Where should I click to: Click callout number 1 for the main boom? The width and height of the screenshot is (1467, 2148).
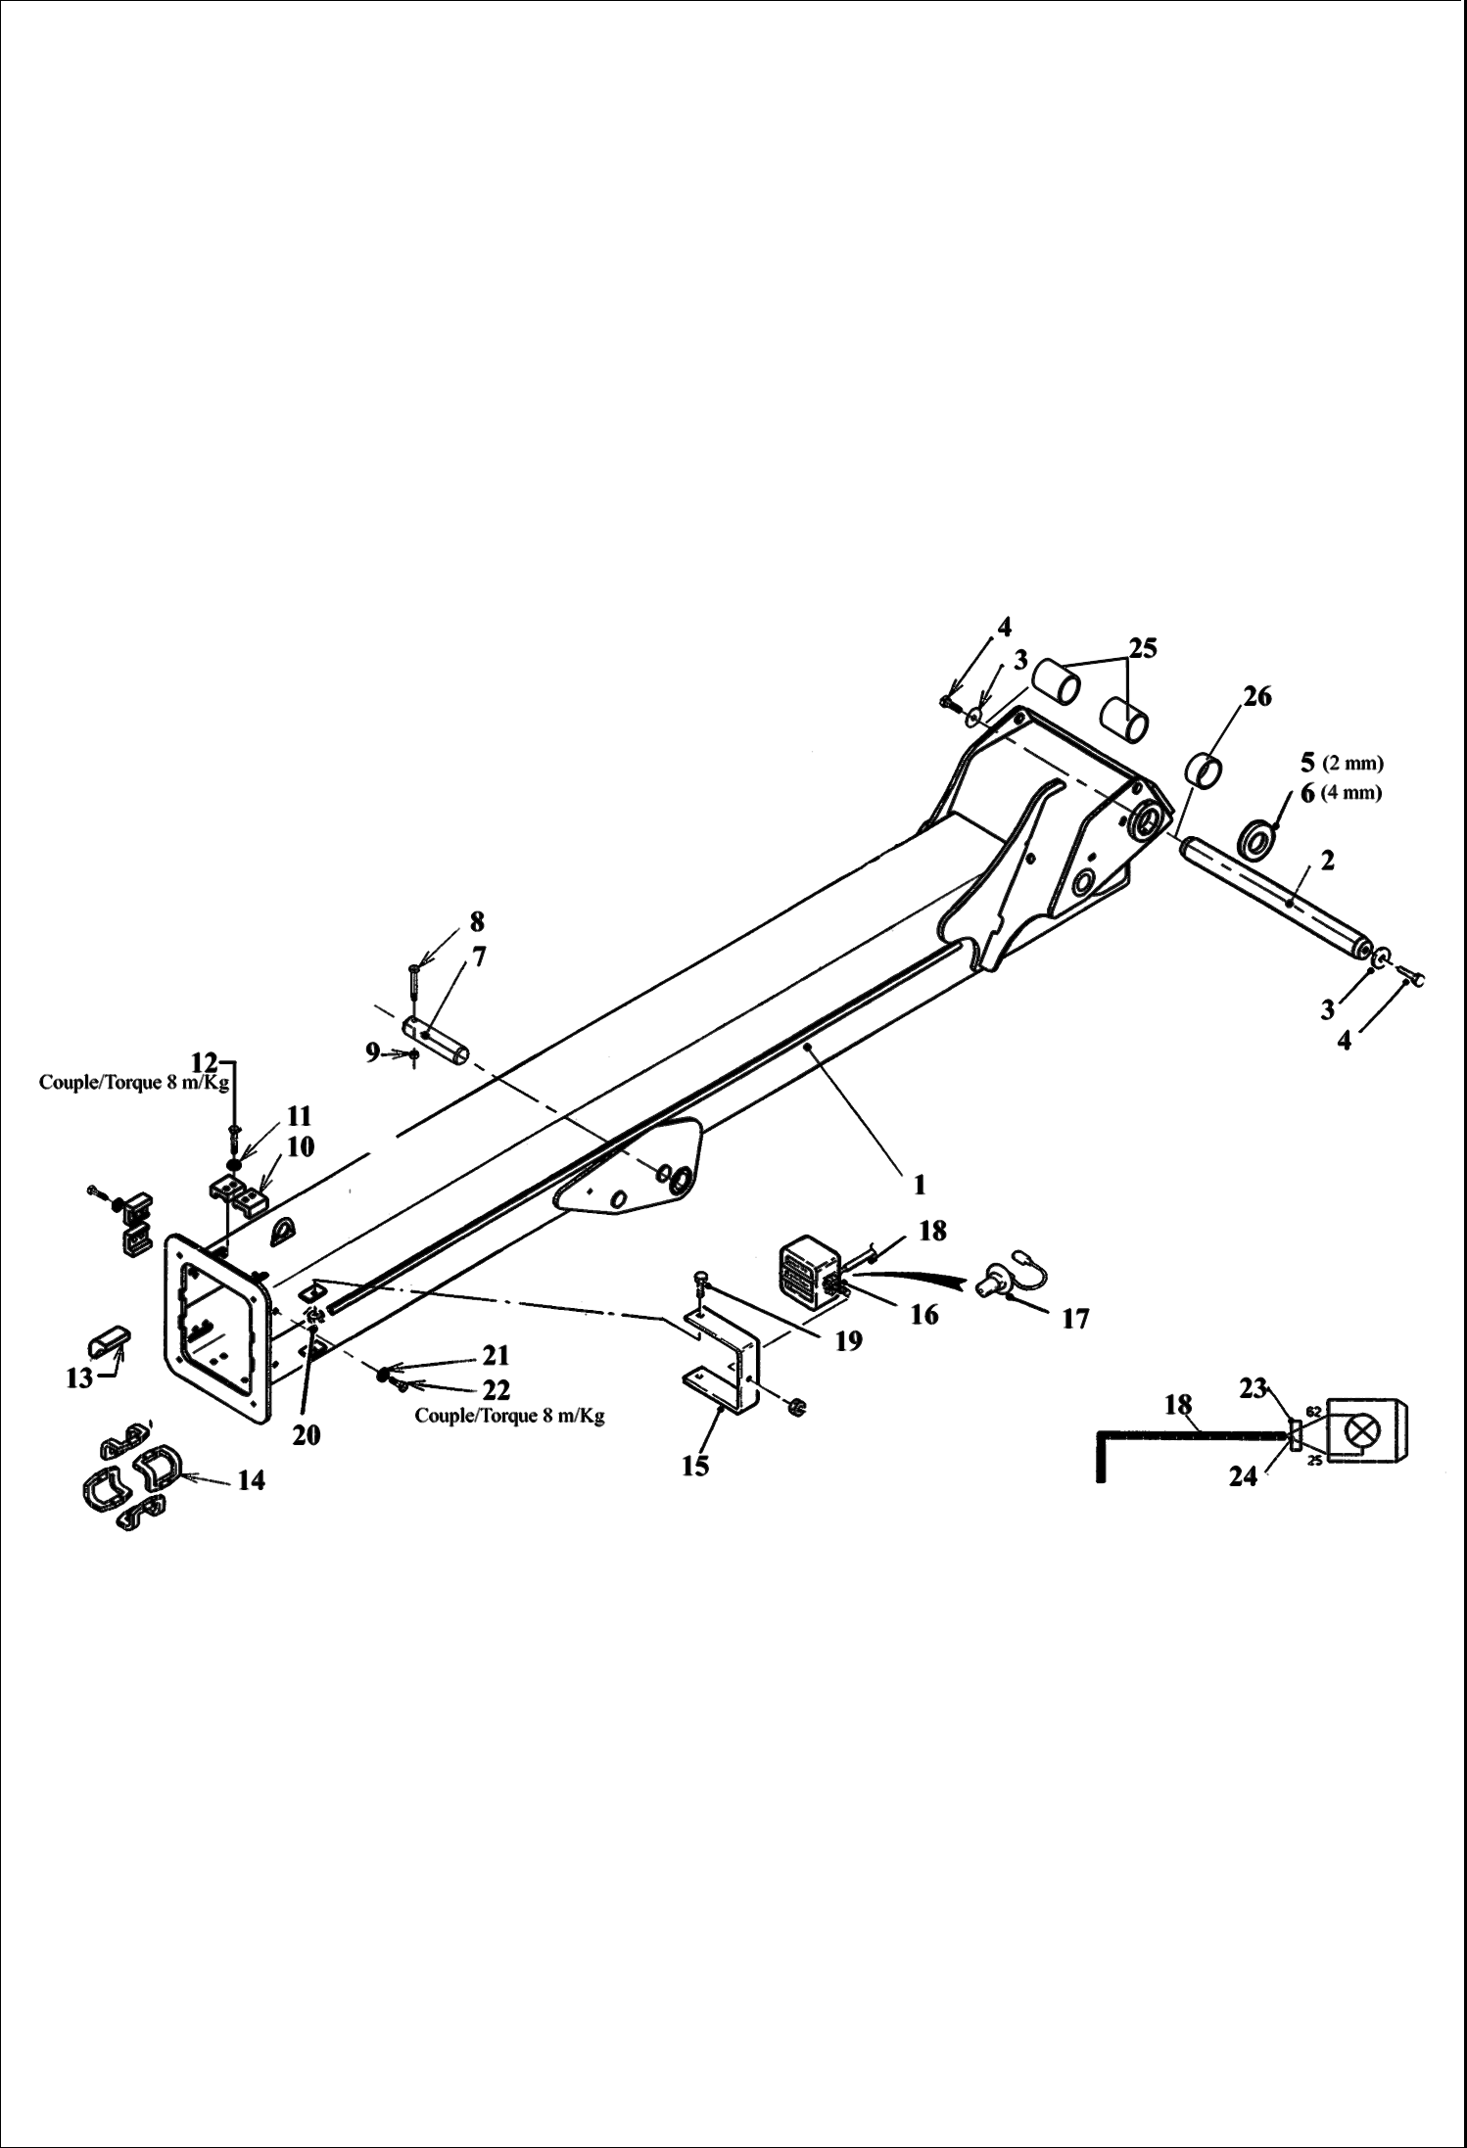coord(919,1185)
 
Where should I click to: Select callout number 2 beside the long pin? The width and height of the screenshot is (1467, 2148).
coord(1327,861)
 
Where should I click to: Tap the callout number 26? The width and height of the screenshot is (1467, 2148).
coord(1257,696)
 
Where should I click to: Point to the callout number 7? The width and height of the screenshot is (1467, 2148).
coord(479,957)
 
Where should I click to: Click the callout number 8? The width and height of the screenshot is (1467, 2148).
coord(476,921)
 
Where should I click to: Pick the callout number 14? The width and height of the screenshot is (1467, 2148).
coord(251,1480)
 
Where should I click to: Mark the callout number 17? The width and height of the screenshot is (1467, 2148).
coord(1075,1320)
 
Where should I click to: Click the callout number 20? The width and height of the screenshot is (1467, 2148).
coord(307,1434)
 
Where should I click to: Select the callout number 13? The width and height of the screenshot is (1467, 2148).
coord(79,1378)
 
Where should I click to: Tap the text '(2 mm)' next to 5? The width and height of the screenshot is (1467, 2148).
coord(1352,763)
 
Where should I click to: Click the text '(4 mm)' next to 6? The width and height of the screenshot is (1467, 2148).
coord(1351,793)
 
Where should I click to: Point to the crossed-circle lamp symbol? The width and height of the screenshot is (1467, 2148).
coord(1362,1430)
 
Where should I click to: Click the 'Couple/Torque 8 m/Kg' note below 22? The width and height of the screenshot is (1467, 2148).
coord(509,1416)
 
